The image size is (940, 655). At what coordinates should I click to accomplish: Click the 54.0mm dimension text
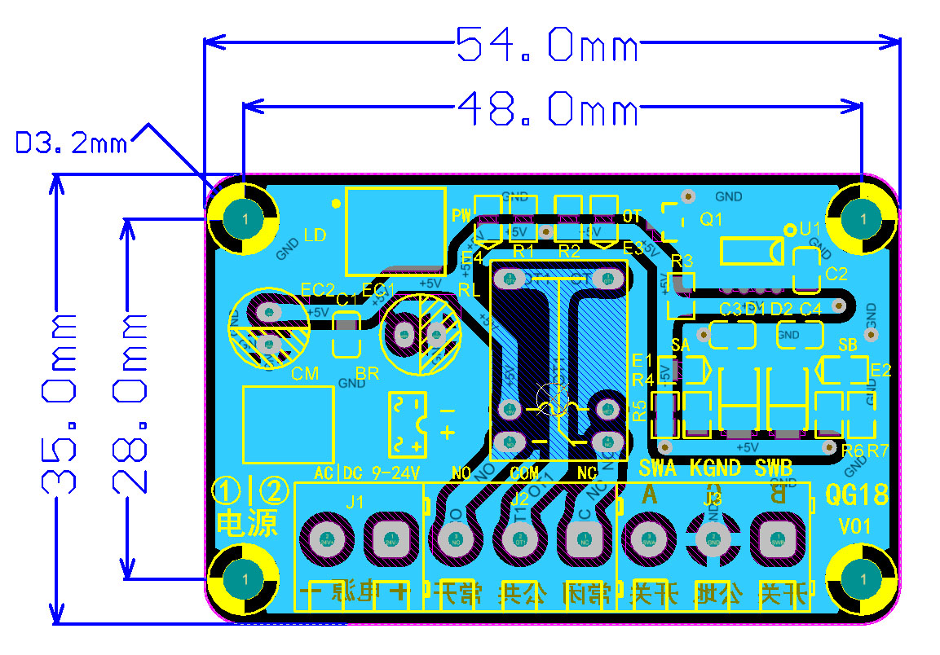click(546, 44)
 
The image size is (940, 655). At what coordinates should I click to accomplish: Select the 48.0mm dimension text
click(546, 108)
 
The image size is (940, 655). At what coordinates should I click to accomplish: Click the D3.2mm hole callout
click(72, 144)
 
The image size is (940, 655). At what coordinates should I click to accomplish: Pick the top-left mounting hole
click(243, 218)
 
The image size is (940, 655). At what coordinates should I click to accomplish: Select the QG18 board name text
click(857, 495)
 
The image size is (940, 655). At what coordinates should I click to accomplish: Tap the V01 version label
click(855, 527)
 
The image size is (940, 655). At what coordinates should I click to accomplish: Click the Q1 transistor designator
click(712, 219)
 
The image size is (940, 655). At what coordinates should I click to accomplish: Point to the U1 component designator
click(810, 229)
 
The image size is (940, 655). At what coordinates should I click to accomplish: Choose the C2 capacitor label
click(836, 274)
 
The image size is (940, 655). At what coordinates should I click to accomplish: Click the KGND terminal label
click(715, 468)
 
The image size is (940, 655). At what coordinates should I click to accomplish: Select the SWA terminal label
click(657, 468)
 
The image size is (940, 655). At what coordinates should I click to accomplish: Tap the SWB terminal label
click(773, 468)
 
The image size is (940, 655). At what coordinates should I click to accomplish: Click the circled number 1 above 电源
click(226, 490)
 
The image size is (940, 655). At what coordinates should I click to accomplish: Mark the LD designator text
click(315, 235)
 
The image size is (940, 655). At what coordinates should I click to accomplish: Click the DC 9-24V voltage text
click(382, 473)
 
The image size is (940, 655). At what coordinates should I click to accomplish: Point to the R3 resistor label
click(682, 262)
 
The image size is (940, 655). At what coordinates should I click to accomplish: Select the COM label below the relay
click(524, 472)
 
